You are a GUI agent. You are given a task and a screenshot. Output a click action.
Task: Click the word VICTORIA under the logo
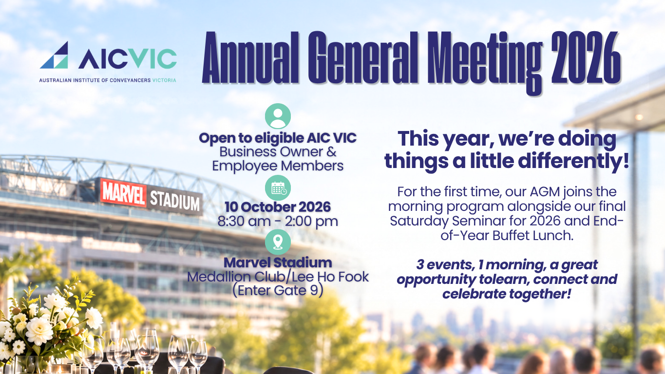pos(164,80)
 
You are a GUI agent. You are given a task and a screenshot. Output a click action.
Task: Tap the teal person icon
pos(278,116)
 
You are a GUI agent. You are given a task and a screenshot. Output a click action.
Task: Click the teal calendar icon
pos(278,188)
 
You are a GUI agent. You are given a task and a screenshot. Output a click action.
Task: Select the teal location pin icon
pos(278,242)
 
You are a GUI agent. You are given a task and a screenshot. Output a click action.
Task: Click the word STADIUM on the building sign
pos(175,200)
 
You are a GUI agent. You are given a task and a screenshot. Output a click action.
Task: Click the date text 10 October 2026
pos(278,207)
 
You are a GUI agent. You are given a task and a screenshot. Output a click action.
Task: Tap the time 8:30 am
pos(245,222)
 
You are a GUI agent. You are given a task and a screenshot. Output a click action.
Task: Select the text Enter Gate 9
pos(278,290)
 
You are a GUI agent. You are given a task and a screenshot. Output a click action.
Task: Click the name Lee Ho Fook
pos(330,277)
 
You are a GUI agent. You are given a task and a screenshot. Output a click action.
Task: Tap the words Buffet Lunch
pos(533,236)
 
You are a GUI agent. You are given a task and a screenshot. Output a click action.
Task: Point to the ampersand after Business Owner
pos(332,152)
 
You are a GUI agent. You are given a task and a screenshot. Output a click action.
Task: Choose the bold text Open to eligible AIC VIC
pos(278,138)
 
